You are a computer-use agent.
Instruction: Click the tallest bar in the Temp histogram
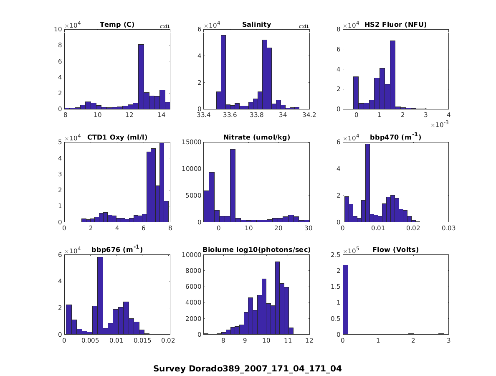coord(141,77)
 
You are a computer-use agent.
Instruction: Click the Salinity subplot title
coord(256,25)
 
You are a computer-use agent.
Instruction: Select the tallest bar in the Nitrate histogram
coord(233,185)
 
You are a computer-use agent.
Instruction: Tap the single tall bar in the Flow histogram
coord(345,300)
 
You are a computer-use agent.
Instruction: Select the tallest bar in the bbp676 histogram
coord(100,296)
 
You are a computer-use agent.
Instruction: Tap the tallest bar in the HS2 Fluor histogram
coord(392,75)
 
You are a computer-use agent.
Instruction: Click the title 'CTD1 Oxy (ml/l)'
coord(117,137)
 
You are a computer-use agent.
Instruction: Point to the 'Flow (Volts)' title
coord(395,250)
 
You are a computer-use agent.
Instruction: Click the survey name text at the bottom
coord(247,369)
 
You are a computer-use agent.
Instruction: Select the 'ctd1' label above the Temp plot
coord(165,27)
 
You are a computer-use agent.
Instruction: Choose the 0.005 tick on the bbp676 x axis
coord(90,340)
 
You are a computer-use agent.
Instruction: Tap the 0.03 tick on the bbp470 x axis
coord(448,228)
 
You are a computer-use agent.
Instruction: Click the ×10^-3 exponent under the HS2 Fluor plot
coord(439,125)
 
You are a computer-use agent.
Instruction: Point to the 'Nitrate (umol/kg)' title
coord(256,137)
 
